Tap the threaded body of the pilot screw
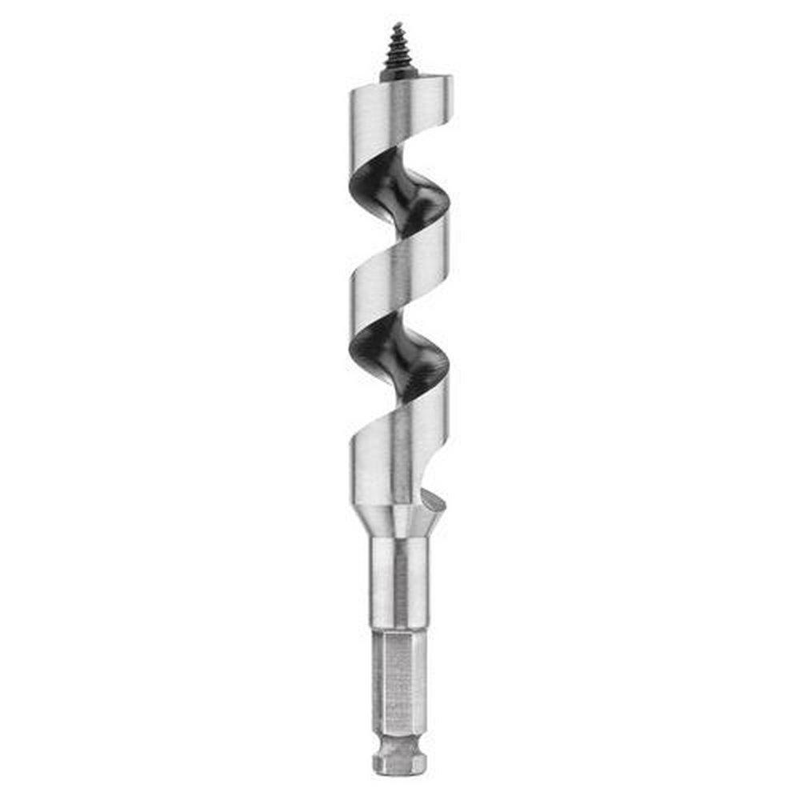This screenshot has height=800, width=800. pyautogui.click(x=398, y=48)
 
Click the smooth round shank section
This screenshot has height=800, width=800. pyautogui.click(x=398, y=584)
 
